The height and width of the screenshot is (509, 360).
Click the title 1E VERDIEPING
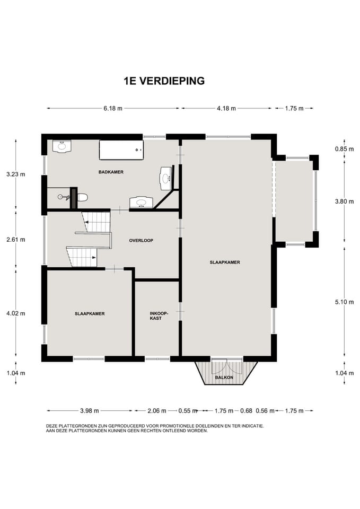tap(164, 81)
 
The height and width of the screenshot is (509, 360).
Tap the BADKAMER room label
tap(111, 172)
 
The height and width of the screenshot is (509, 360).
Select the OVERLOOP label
tap(141, 241)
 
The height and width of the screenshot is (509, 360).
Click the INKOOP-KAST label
tap(159, 316)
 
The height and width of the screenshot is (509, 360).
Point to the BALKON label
tap(224, 378)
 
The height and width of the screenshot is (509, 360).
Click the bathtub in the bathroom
tap(121, 150)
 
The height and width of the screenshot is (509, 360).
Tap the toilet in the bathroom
tap(83, 197)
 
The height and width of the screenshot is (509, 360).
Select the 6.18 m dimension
tap(113, 108)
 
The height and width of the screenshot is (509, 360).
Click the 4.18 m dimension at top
tap(226, 108)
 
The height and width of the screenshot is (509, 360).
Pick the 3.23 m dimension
tap(15, 174)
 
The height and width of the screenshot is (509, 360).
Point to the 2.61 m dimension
tap(15, 240)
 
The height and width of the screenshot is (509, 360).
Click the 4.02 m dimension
tap(15, 313)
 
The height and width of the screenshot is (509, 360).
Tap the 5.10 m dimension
tap(345, 302)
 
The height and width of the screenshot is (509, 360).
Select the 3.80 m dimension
tap(345, 201)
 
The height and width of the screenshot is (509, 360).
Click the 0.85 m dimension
tap(345, 150)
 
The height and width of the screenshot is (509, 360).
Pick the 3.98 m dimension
tap(90, 411)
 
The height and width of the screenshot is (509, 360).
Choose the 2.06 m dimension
tap(157, 411)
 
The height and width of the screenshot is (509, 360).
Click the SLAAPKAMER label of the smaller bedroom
tap(90, 314)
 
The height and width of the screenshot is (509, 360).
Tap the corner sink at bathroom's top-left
tap(62, 147)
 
